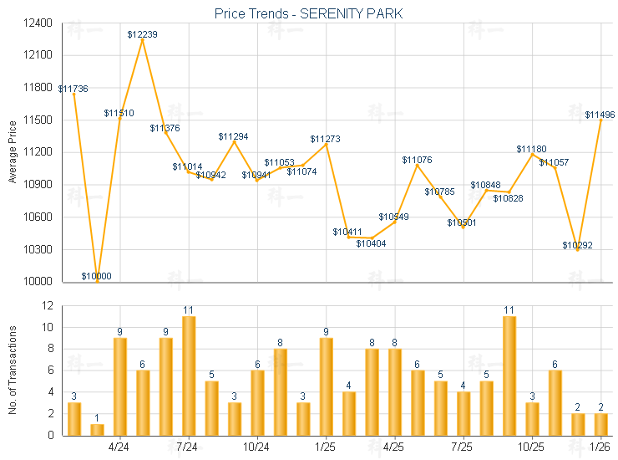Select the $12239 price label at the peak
[143, 34]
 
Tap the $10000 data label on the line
[97, 276]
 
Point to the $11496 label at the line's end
[600, 115]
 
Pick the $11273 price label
[326, 139]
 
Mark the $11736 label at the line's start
[73, 89]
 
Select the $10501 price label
[462, 222]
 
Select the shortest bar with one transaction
[97, 429]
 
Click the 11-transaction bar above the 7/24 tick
[189, 376]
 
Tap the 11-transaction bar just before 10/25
[509, 376]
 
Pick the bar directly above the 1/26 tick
[600, 424]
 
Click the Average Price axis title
[13, 152]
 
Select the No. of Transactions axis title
[13, 371]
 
